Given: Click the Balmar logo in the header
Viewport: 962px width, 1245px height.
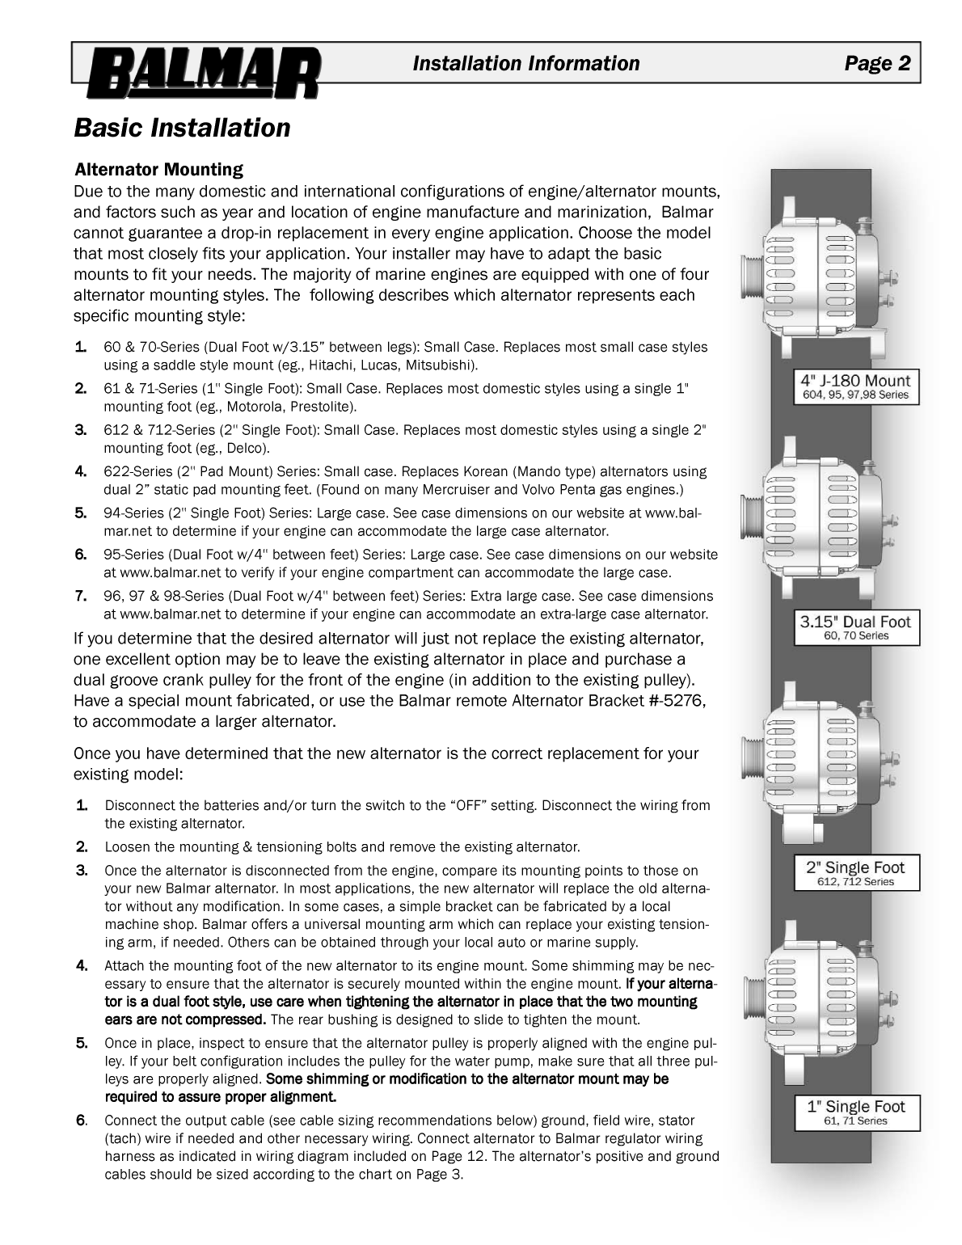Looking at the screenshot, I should [x=203, y=73].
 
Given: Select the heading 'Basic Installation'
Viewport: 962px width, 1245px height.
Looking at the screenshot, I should [x=182, y=128].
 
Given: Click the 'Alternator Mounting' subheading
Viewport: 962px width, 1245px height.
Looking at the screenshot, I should [x=158, y=170].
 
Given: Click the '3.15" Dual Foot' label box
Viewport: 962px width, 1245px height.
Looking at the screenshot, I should [x=855, y=627].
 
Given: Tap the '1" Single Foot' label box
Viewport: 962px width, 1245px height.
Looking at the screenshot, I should [x=855, y=1112].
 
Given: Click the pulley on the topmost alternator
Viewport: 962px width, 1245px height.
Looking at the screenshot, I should [x=753, y=276].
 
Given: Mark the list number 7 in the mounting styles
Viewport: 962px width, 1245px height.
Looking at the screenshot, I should [x=80, y=596].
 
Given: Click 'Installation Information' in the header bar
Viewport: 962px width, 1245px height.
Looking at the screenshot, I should [x=525, y=64].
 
